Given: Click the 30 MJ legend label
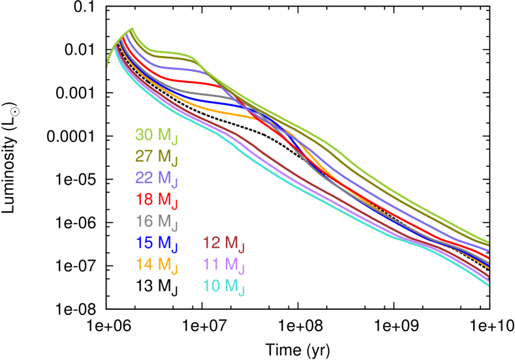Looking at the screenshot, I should (x=156, y=136).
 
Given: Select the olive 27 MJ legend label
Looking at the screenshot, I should (x=156, y=157).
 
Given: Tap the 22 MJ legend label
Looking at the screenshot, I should (x=156, y=178).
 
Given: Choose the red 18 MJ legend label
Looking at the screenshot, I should (x=156, y=200).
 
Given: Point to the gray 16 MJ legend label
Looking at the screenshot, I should (x=156, y=221).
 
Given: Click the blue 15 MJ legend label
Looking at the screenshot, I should (x=156, y=243).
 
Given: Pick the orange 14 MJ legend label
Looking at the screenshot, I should (x=156, y=264).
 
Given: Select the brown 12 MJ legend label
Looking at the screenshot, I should (x=223, y=243).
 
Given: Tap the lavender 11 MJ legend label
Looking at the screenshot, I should (x=223, y=264).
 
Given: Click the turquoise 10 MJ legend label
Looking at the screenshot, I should (x=223, y=286).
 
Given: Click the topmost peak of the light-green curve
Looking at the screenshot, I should (x=133, y=28).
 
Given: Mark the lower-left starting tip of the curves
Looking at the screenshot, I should (x=106, y=66).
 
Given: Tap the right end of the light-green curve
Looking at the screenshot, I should (x=488, y=241).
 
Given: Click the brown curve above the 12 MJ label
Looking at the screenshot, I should (x=222, y=129).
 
